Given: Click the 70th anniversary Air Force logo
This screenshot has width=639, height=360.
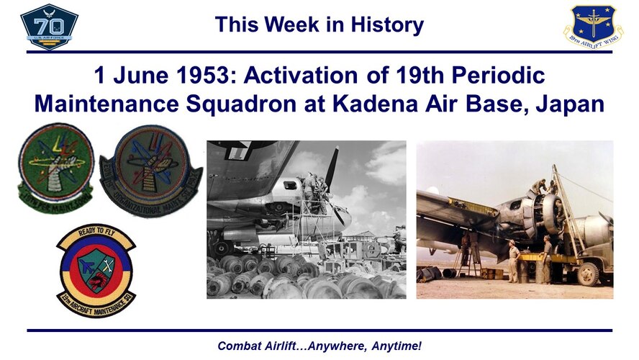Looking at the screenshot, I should coord(49,27).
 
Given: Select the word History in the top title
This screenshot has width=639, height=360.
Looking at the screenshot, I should coord(386,25).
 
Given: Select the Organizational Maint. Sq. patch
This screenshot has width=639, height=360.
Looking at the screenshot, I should coord(150,168).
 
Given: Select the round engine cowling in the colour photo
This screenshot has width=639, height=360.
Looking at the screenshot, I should coord(550,213).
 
